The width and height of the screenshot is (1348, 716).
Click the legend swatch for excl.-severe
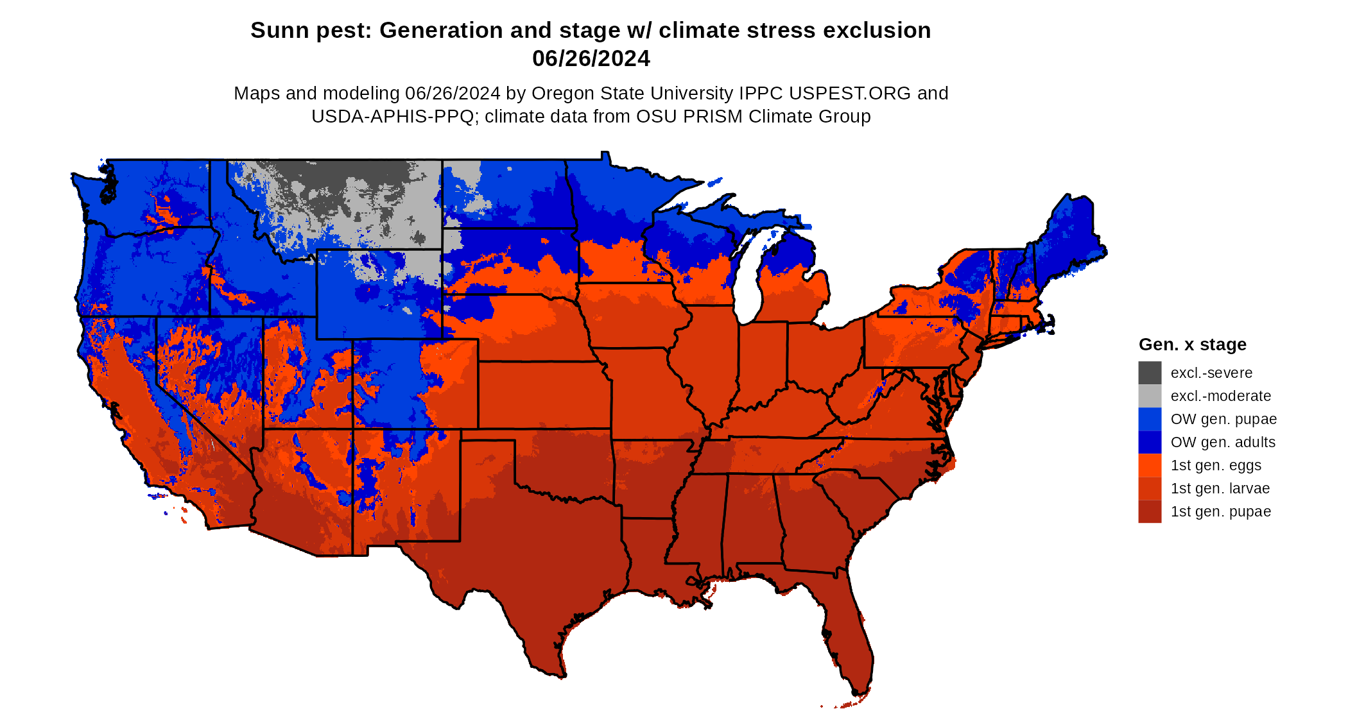point(1150,373)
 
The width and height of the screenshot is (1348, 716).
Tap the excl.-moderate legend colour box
point(1150,396)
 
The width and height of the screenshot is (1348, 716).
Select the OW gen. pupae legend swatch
point(1150,419)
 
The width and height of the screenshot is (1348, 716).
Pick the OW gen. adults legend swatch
point(1150,442)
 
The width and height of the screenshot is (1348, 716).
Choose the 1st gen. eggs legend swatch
point(1150,465)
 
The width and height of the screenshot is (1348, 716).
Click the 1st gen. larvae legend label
point(1220,488)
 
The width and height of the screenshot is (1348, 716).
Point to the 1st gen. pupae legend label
point(1220,511)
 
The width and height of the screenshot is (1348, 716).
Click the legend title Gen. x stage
point(1192,345)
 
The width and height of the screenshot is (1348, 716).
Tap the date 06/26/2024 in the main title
point(591,58)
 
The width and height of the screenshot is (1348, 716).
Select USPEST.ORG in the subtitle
point(849,93)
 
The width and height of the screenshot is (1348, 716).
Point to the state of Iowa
point(632,314)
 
